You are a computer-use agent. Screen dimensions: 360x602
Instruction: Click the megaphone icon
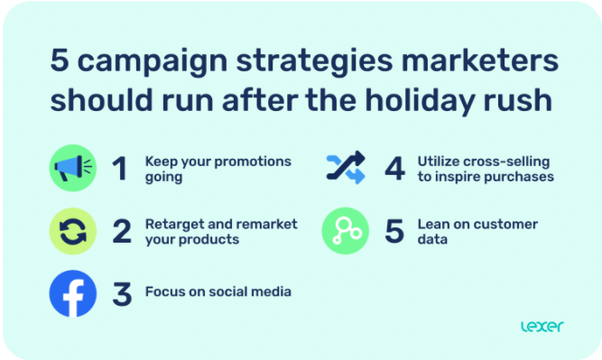[x=72, y=170]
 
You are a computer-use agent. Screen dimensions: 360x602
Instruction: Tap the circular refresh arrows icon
[x=72, y=232]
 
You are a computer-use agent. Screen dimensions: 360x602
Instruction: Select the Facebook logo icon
[x=72, y=293]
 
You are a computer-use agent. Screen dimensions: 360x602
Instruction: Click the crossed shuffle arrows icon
[x=346, y=169]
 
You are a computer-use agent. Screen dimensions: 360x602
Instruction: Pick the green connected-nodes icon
[x=346, y=231]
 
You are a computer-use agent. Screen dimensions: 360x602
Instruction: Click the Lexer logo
[x=541, y=326]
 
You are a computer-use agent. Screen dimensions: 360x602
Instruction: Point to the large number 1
[x=120, y=170]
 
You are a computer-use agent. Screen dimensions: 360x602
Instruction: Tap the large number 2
[x=122, y=232]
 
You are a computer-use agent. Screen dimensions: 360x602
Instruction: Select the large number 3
[x=122, y=293]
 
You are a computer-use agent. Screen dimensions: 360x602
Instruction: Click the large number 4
[x=394, y=170]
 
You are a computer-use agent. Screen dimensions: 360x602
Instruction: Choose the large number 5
[x=394, y=231]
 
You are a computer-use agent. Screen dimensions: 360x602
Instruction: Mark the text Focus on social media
[x=218, y=292]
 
